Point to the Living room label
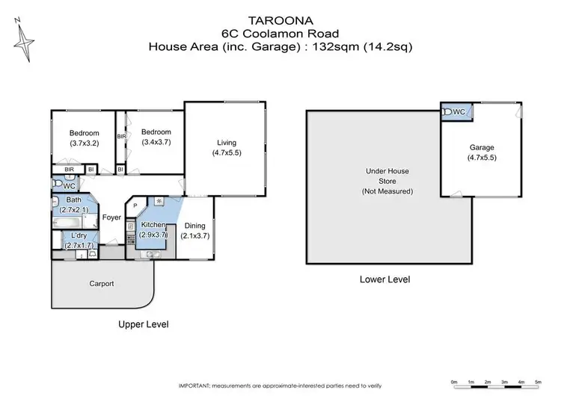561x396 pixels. click(227, 143)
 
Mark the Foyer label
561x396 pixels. click(111, 218)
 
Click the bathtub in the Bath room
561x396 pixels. click(70, 223)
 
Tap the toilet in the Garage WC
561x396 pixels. click(447, 112)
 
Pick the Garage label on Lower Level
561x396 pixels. click(482, 148)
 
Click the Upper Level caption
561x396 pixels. click(144, 324)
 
